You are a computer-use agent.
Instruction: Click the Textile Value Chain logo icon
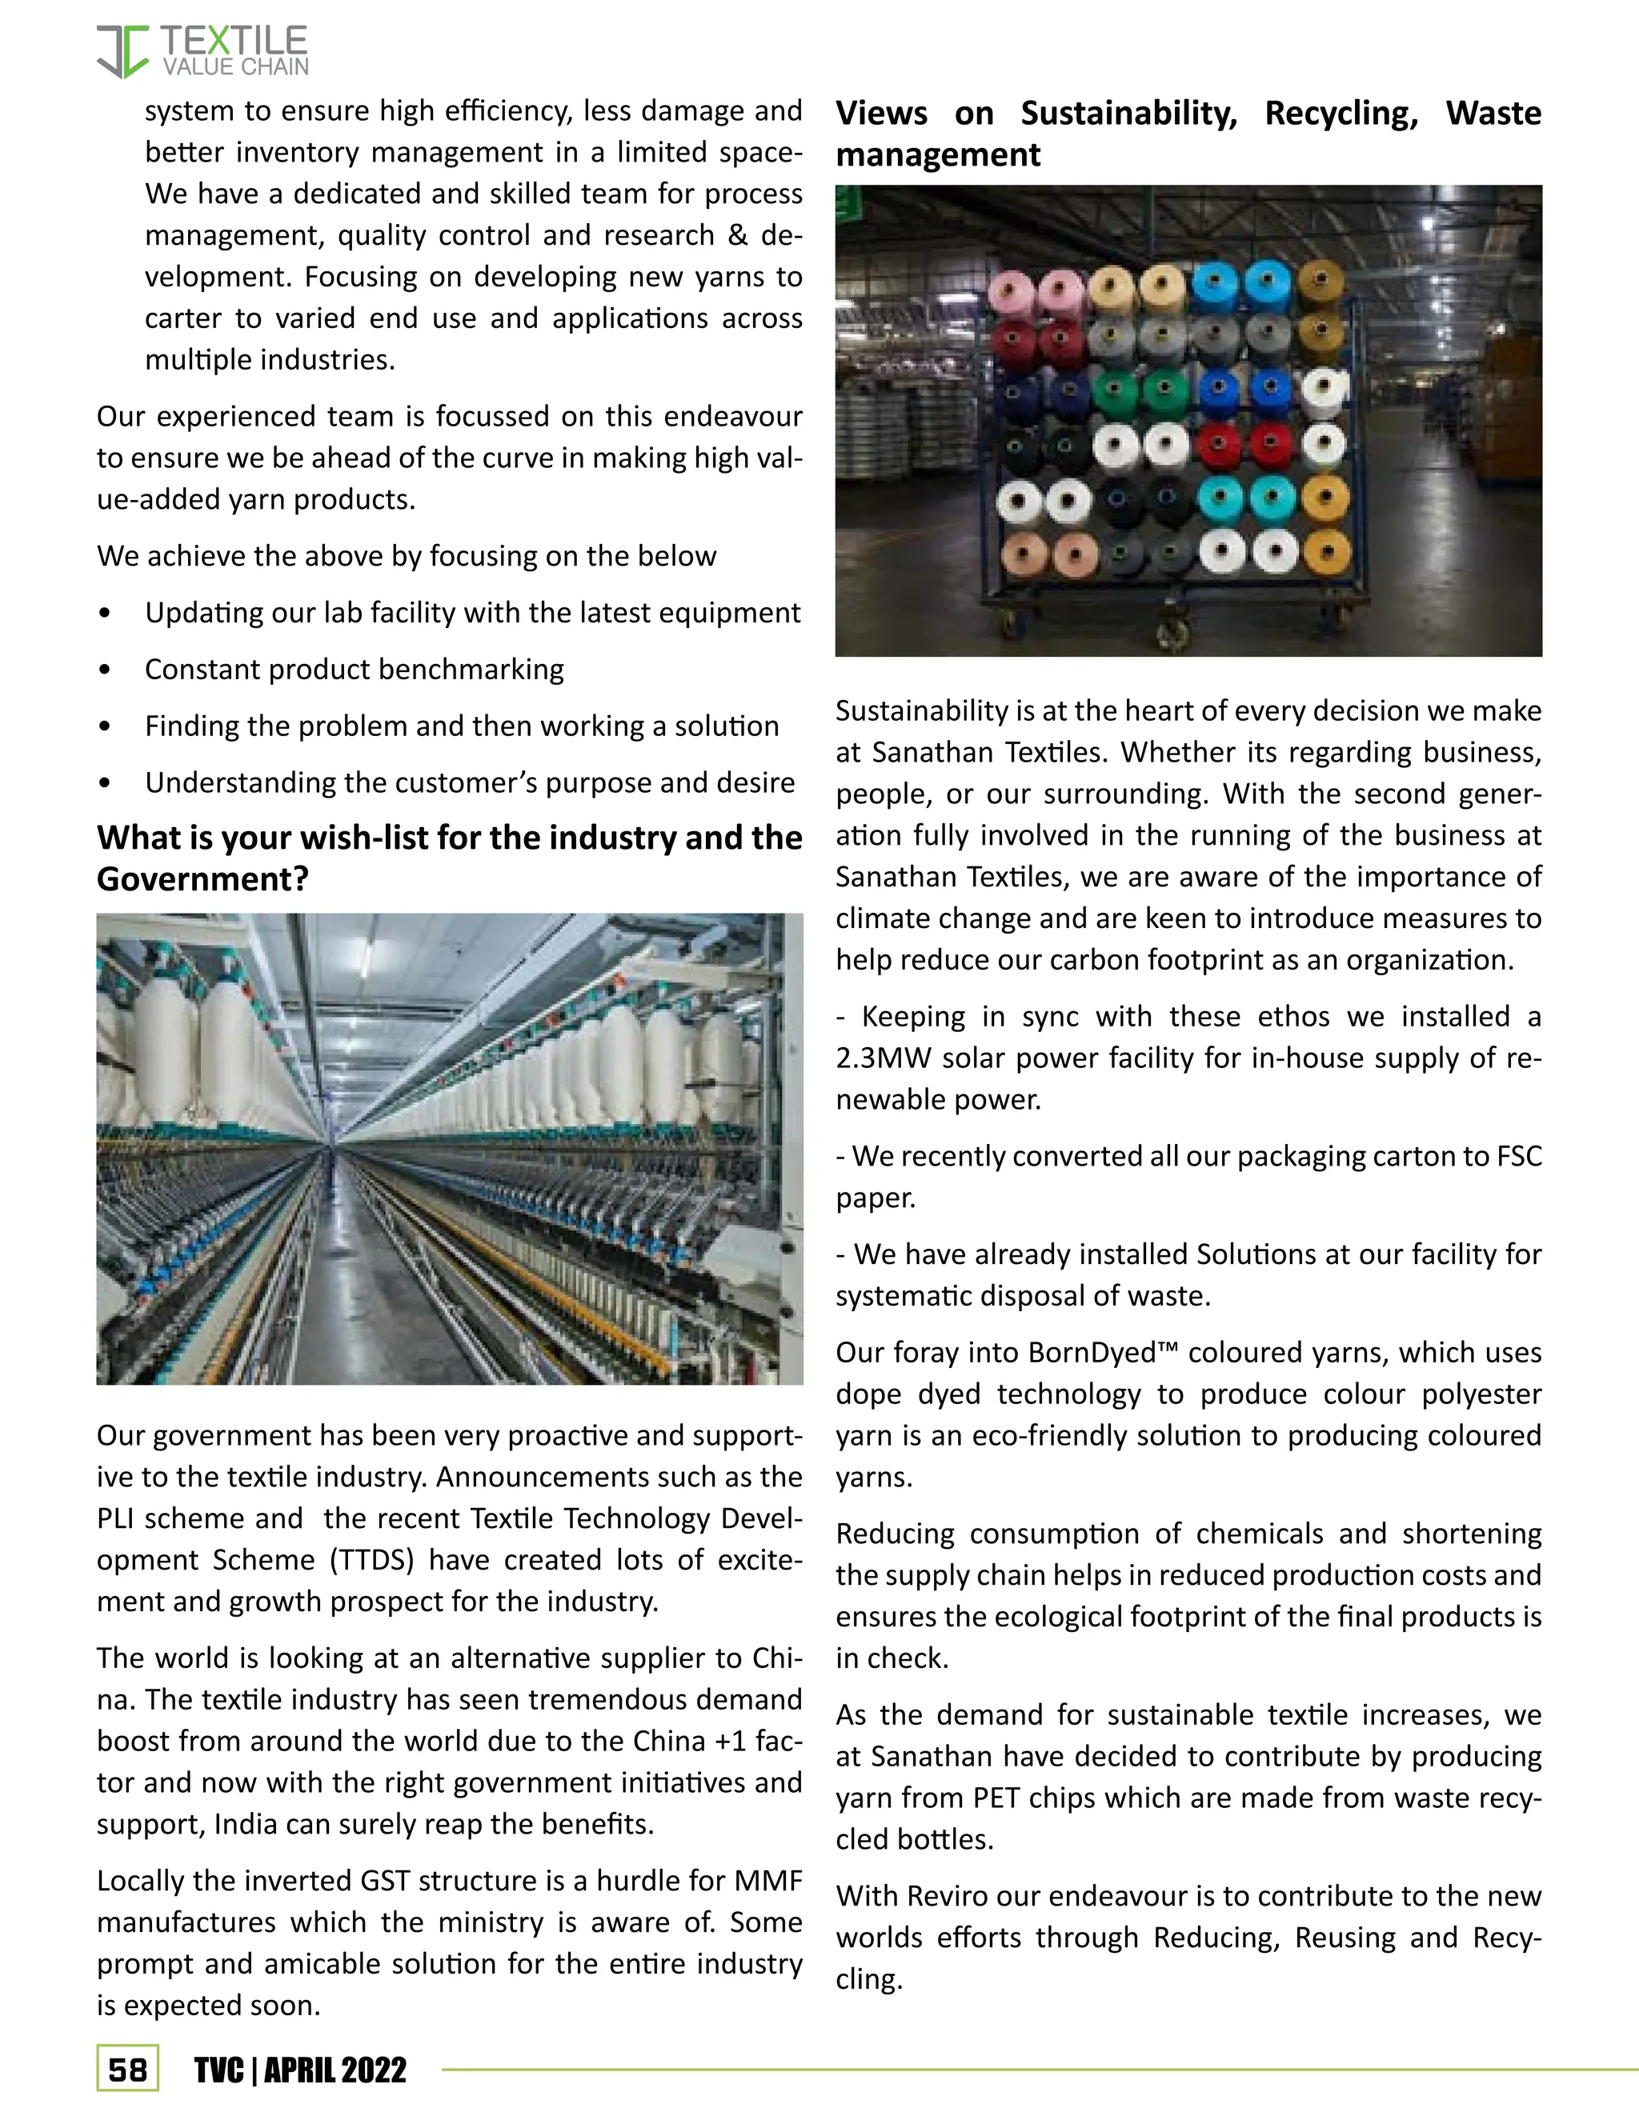[x=122, y=51]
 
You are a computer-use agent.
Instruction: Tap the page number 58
[x=127, y=2070]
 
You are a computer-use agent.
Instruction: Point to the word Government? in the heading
[x=202, y=879]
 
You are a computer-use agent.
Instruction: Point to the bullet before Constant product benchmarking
[x=105, y=670]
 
